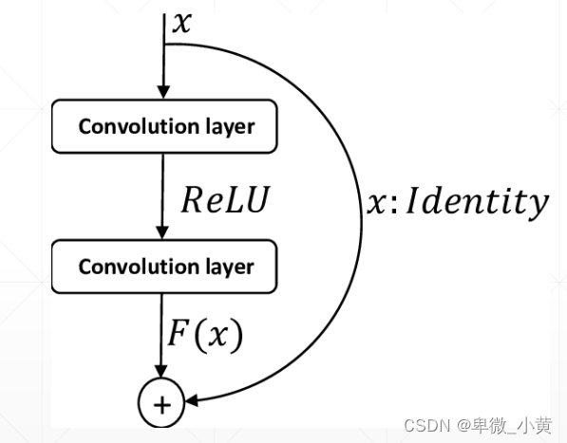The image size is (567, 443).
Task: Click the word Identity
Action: click(x=480, y=201)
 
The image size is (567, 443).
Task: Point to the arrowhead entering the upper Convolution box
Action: click(x=163, y=91)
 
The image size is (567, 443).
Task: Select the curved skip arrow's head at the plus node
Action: click(x=194, y=403)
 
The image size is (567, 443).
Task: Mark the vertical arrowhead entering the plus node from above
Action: click(x=163, y=374)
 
